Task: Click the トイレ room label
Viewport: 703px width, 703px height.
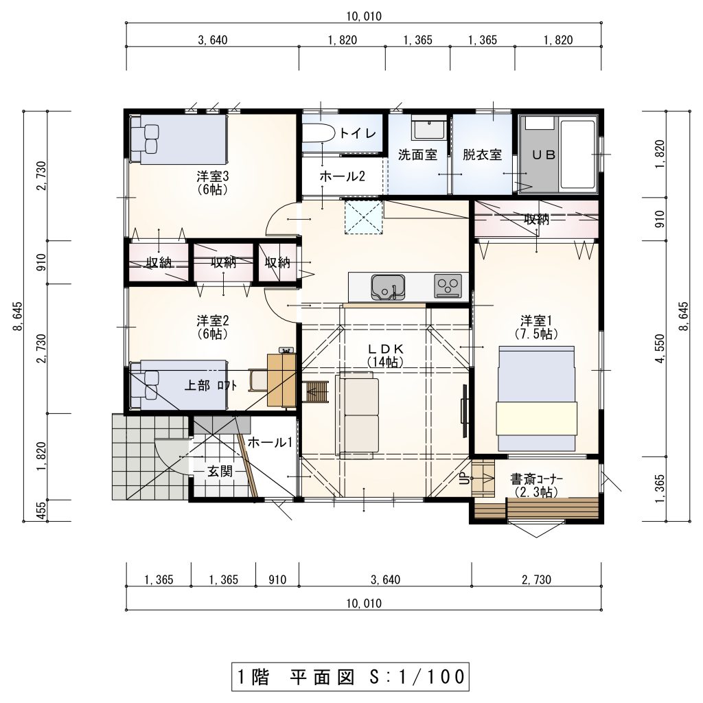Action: point(357,133)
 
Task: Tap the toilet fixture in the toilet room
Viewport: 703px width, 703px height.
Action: point(318,132)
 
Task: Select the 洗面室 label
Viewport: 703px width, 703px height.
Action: point(417,155)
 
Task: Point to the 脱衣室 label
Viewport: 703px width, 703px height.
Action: point(482,155)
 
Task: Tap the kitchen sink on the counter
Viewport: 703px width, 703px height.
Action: point(388,287)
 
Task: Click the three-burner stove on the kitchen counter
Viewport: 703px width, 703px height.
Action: point(448,286)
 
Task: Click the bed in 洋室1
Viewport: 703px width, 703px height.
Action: point(536,398)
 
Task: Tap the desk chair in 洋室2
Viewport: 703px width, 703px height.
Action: point(258,380)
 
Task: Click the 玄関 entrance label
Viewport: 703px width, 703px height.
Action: point(220,471)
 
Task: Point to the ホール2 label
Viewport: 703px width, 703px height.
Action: point(342,176)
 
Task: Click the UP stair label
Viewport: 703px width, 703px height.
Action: point(465,479)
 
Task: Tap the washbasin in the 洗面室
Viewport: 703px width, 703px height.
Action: point(428,128)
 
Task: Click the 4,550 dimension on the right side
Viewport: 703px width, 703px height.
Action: point(660,349)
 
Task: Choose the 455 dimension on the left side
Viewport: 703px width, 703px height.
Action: point(41,511)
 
